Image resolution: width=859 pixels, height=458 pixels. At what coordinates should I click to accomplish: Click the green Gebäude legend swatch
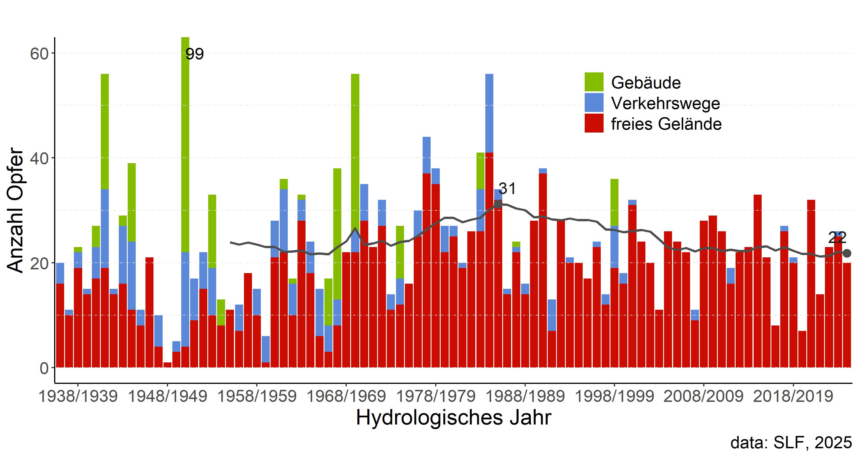594,82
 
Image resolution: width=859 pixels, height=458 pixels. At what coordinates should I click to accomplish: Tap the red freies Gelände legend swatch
594,123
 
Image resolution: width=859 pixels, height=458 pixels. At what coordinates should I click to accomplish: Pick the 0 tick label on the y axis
44,368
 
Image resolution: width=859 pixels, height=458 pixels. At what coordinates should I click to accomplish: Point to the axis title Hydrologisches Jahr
454,417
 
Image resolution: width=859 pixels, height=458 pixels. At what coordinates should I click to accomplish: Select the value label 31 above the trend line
507,189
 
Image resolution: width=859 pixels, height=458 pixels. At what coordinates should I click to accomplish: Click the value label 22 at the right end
837,238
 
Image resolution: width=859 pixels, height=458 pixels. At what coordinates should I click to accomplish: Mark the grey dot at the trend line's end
847,253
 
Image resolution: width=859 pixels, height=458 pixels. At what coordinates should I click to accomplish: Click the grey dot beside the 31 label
498,204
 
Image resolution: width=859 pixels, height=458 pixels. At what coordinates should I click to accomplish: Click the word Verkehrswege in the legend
665,103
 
